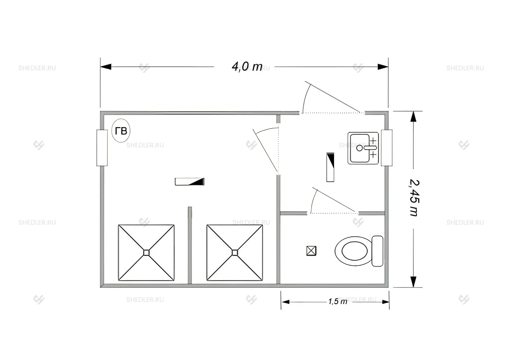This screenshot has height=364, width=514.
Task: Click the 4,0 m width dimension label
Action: click(x=247, y=67)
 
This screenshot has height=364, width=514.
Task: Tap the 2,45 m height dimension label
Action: click(x=415, y=198)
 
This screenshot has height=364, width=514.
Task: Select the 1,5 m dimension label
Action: click(x=337, y=301)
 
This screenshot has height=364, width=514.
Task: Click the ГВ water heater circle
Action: click(x=121, y=131)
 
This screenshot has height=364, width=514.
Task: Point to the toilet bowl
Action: click(x=353, y=251)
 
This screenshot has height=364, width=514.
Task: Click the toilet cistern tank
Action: click(x=377, y=251)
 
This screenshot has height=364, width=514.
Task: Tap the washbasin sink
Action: click(x=363, y=148)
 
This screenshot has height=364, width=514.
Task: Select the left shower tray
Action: click(x=146, y=253)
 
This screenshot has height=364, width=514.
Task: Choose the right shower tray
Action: click(x=235, y=253)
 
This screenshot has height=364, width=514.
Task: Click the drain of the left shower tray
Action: click(x=146, y=253)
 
